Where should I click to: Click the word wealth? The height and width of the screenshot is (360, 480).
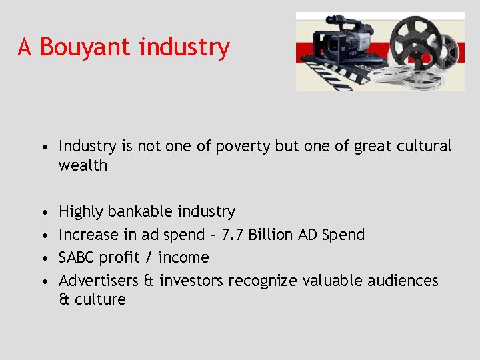coord(83,165)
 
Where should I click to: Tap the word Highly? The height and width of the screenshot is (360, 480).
coord(81,212)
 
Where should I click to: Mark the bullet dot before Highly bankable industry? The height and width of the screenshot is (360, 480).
coord(43,212)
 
